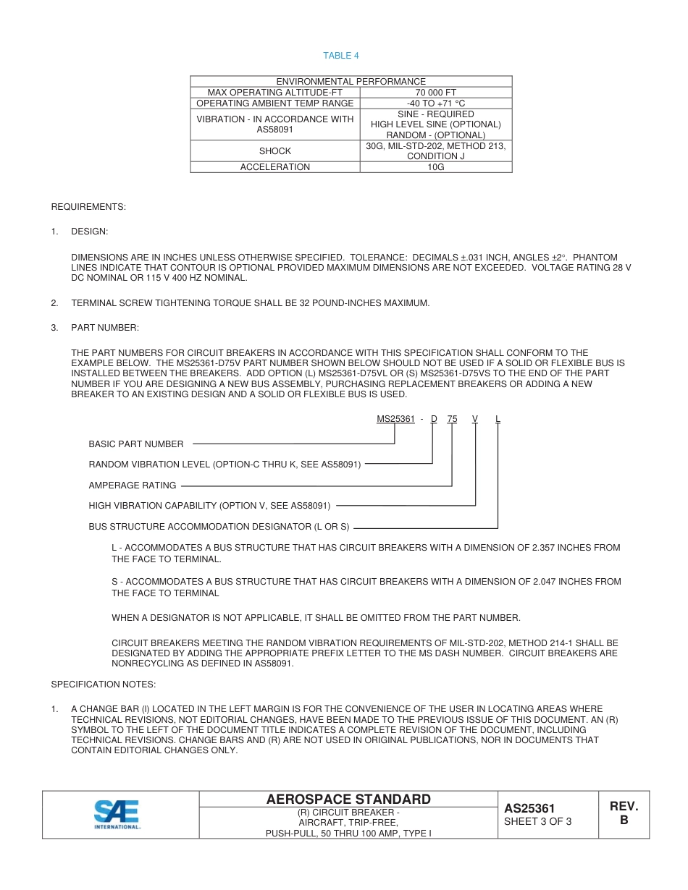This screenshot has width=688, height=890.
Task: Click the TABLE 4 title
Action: (340, 56)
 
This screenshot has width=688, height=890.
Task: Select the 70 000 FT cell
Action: (435, 93)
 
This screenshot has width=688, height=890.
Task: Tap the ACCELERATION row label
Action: (275, 167)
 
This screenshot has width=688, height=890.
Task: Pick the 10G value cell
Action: (435, 167)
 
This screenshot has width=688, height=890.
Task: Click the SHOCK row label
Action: (275, 151)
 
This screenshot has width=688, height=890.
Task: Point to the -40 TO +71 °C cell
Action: (435, 103)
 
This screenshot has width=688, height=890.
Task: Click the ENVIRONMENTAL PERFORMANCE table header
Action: (351, 82)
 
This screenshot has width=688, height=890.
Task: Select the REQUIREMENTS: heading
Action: (88, 207)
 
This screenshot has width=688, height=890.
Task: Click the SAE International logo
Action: (117, 815)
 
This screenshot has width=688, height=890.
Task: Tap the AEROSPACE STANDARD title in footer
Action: (348, 799)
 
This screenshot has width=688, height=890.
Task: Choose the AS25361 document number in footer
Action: (529, 808)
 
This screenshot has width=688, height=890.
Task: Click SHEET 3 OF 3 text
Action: (537, 821)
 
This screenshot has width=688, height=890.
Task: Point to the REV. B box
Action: (624, 813)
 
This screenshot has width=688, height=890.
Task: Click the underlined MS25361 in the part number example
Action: (395, 419)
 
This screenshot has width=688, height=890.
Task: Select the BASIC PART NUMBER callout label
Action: (136, 444)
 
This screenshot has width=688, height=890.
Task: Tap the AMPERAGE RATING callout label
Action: (133, 486)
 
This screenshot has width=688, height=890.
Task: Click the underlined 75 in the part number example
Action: (452, 419)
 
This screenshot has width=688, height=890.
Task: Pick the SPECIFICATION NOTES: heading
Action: (103, 685)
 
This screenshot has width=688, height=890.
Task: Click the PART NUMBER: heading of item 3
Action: (105, 328)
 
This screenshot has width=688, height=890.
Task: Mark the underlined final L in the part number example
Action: (498, 419)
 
